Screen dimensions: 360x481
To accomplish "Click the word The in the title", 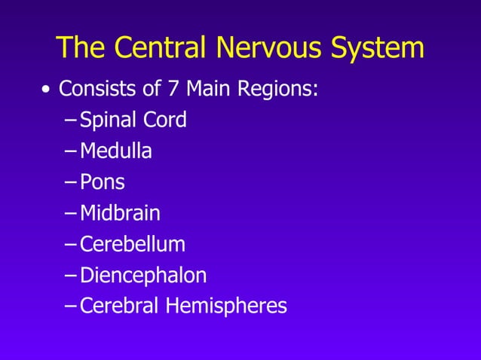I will (x=80, y=47).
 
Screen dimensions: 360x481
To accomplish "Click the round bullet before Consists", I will (x=46, y=90).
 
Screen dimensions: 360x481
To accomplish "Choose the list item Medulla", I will (x=116, y=151).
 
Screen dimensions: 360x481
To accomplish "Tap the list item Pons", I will (x=103, y=182).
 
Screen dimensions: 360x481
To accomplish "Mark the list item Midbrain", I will (x=120, y=213).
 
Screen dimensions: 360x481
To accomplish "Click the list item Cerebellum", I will (x=133, y=244).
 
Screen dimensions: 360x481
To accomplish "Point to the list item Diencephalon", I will (x=143, y=276).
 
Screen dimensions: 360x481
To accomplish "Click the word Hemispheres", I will (x=225, y=307).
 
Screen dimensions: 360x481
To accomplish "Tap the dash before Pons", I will (x=70, y=183).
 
